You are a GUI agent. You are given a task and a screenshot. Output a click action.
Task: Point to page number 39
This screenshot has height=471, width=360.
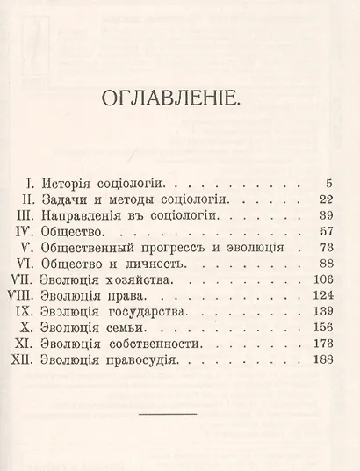tap(322, 216)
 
